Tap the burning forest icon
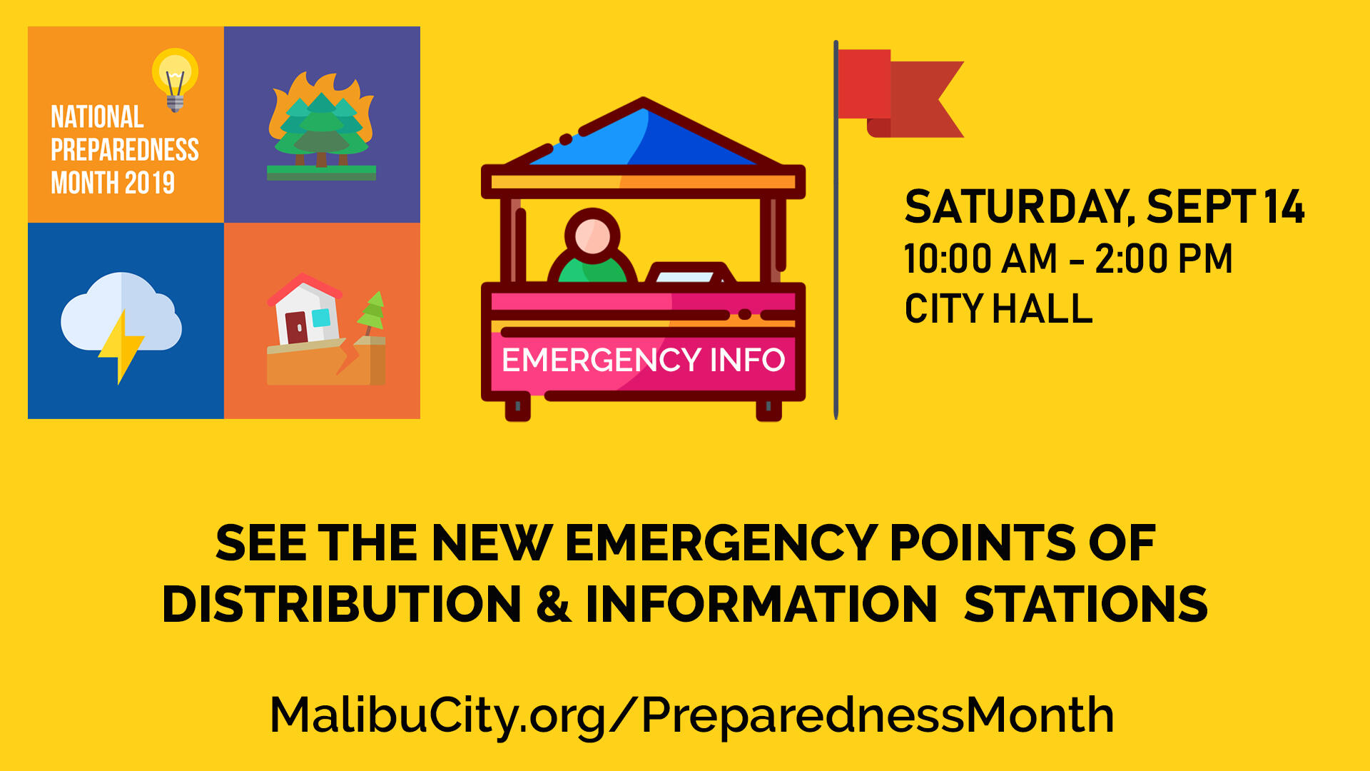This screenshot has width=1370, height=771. point(322,126)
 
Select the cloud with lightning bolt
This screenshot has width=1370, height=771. point(121,321)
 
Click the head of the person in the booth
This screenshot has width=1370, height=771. point(592,235)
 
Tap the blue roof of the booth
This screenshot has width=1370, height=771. point(642,139)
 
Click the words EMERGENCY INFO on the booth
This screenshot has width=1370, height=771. point(643,360)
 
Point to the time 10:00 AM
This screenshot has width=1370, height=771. point(980,258)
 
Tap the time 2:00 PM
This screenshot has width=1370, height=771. point(1164,258)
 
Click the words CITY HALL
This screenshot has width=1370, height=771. point(998,309)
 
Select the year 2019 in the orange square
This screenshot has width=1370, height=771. point(149,183)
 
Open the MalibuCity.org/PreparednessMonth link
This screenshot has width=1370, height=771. point(691,715)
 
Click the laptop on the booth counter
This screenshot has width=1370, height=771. point(689,274)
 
